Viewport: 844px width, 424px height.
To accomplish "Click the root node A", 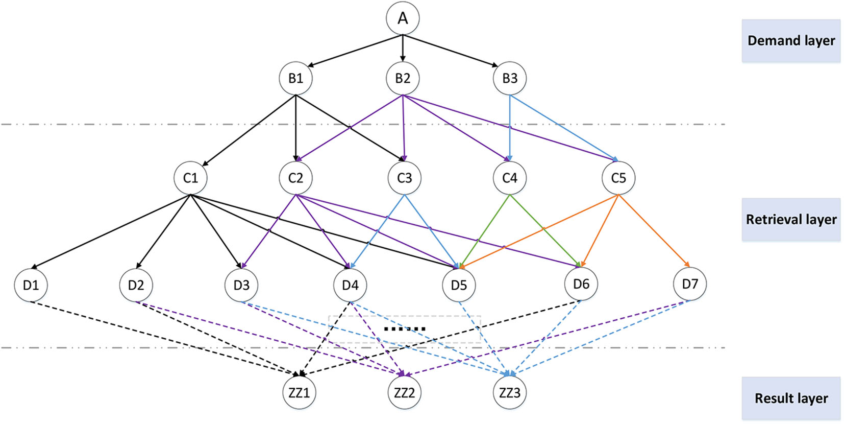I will tap(403, 18).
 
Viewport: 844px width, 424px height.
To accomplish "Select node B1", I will tap(295, 78).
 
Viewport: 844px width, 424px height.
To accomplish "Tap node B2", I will tap(403, 78).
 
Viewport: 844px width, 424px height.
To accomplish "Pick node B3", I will tap(510, 78).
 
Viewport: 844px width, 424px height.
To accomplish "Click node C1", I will tap(190, 178).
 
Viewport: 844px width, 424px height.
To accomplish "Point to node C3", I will tap(404, 178).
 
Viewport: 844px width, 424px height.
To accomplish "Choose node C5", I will tap(618, 178).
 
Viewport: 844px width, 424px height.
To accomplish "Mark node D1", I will tap(31, 285).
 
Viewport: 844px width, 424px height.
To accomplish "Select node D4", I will tap(350, 285).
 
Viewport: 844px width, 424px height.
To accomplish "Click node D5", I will tap(459, 285).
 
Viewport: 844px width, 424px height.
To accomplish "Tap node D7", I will tap(690, 284).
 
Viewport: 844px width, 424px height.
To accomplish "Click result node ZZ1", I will tap(299, 392).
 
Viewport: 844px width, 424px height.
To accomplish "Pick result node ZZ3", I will tap(510, 392).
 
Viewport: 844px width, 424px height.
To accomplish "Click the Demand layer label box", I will tap(790, 41).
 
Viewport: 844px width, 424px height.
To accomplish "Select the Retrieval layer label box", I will tap(790, 220).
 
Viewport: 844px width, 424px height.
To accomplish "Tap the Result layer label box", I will tap(790, 398).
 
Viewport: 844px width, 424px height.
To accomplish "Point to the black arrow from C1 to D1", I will tap(110, 231).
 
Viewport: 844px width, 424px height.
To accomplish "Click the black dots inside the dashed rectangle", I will tap(405, 329).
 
